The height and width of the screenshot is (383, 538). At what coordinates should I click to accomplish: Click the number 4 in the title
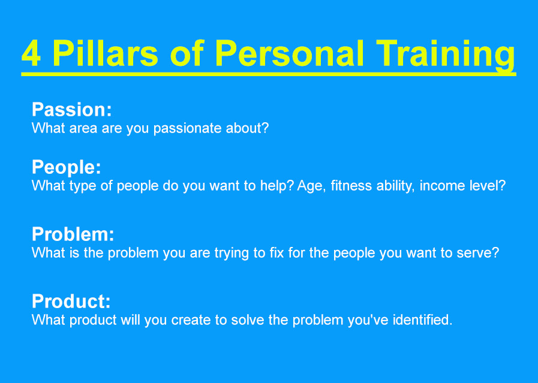(x=32, y=53)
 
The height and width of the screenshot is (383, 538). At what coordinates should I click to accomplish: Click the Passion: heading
(x=72, y=110)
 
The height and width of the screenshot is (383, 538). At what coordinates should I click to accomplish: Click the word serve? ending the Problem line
(x=478, y=253)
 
